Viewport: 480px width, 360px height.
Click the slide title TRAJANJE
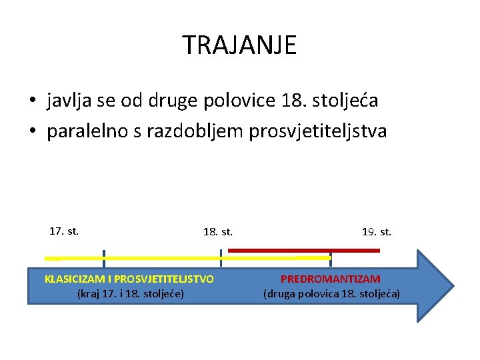pyautogui.click(x=239, y=45)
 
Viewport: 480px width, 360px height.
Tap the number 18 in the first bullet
pyautogui.click(x=292, y=101)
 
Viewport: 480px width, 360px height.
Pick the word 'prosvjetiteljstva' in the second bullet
pyautogui.click(x=317, y=131)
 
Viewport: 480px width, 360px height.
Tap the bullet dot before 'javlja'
pyautogui.click(x=32, y=102)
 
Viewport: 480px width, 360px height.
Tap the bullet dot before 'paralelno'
pyautogui.click(x=32, y=132)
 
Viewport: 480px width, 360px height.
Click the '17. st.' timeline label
pyautogui.click(x=64, y=231)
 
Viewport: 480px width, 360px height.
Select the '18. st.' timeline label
pyautogui.click(x=218, y=232)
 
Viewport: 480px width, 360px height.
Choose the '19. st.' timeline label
pyautogui.click(x=377, y=232)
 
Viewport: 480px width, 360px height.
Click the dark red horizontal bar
pyautogui.click(x=304, y=250)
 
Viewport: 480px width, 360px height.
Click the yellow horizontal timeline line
pyautogui.click(x=160, y=257)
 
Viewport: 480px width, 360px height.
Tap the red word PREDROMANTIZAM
pyautogui.click(x=331, y=279)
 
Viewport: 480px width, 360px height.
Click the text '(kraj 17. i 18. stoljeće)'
pyautogui.click(x=131, y=293)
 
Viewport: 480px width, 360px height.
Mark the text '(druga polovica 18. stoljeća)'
pyautogui.click(x=331, y=293)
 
